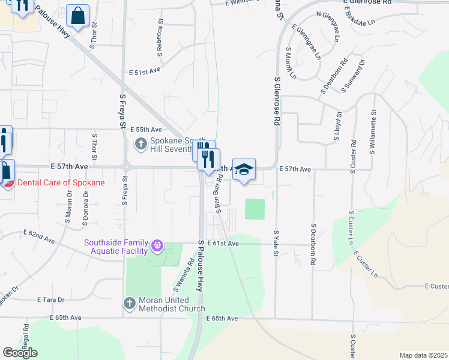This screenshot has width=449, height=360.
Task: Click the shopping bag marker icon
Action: [79, 16]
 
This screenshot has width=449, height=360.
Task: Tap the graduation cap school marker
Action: [244, 170]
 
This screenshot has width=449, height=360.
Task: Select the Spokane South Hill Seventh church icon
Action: [140, 144]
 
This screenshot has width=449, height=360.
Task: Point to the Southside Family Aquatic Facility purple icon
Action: [157, 245]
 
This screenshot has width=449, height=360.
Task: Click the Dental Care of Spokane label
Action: [62, 182]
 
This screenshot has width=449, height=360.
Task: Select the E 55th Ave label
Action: [146, 130]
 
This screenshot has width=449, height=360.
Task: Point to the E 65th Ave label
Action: [222, 318]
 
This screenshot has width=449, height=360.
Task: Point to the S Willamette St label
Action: [373, 131]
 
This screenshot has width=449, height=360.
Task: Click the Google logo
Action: [20, 353]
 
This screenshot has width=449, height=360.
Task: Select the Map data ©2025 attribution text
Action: [423, 355]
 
